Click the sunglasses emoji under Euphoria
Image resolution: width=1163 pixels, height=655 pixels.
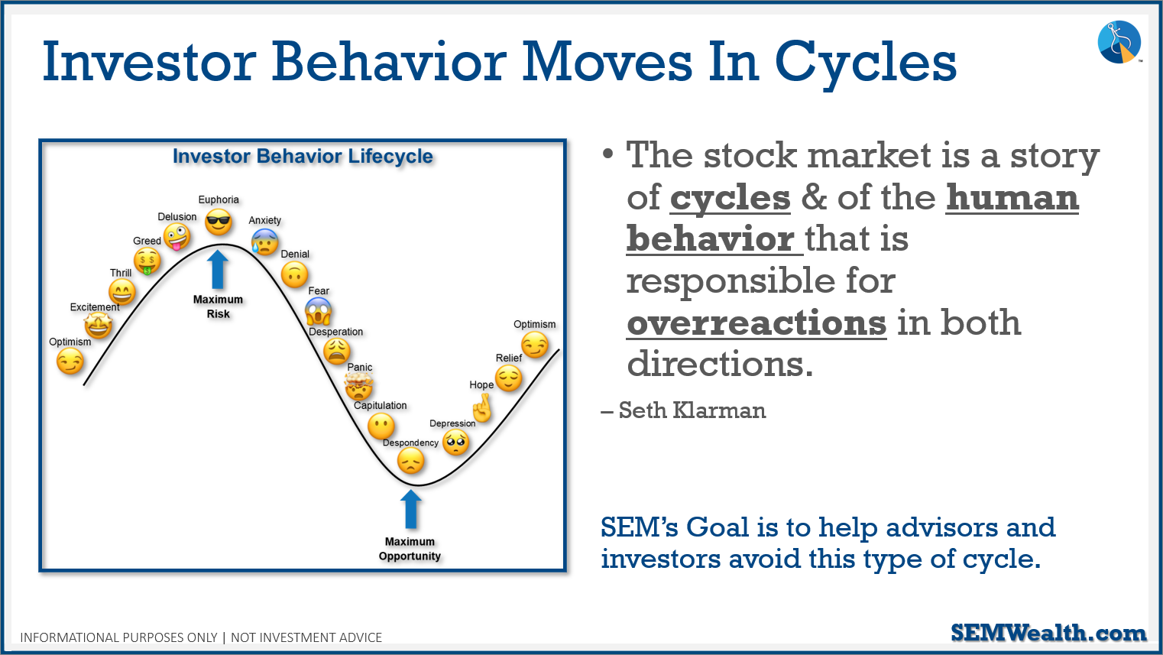[218, 222]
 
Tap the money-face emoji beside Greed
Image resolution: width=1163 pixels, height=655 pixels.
[147, 261]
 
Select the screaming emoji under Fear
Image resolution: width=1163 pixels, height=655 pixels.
[319, 311]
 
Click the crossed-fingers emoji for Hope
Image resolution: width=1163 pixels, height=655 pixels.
[482, 408]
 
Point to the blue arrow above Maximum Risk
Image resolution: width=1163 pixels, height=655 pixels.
[218, 270]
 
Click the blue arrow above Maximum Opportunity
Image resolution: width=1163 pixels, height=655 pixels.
[410, 510]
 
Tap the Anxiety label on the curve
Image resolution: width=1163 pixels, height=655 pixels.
[265, 220]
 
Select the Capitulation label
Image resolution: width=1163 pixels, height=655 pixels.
[380, 405]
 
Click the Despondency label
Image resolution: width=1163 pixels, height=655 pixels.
[410, 443]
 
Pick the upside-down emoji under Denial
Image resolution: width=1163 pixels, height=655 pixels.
[294, 274]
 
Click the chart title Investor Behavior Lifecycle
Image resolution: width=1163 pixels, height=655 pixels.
[303, 156]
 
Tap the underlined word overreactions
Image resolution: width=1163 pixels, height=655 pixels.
[756, 323]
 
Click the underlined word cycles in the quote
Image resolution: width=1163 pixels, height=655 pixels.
[730, 199]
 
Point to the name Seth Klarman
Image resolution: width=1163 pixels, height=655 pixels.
[692, 410]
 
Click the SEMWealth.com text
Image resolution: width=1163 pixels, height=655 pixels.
[1048, 633]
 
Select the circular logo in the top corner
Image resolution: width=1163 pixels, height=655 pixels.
[1119, 42]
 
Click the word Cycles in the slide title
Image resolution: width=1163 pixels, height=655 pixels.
[866, 63]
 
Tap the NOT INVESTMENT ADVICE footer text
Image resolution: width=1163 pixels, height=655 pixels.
[306, 637]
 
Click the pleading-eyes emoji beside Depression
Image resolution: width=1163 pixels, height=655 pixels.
[456, 442]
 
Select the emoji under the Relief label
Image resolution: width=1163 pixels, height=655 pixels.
[508, 378]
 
